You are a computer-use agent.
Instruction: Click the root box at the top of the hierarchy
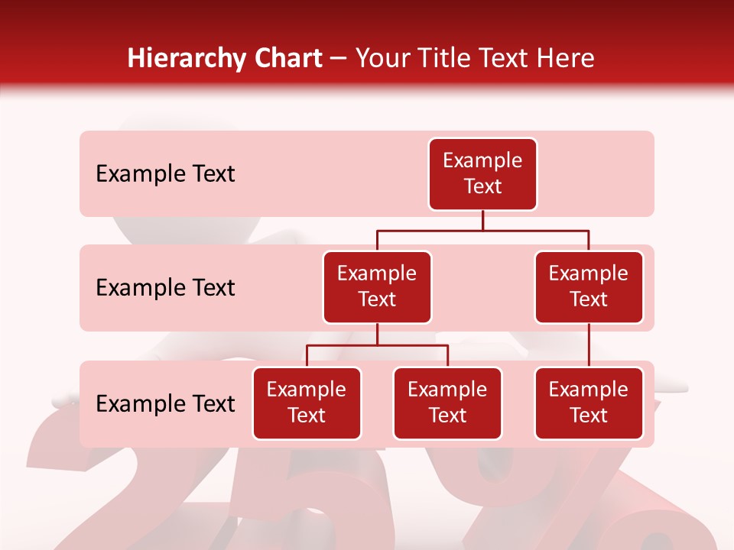click(x=482, y=174)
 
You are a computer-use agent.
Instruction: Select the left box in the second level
click(x=377, y=287)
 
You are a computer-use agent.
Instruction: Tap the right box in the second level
click(x=589, y=287)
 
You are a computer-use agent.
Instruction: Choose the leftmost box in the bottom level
click(x=307, y=403)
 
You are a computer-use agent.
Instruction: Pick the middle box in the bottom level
click(x=447, y=403)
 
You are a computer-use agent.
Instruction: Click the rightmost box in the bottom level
click(x=589, y=403)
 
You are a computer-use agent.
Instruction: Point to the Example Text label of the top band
click(x=165, y=174)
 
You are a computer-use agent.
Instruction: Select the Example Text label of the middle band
click(x=165, y=288)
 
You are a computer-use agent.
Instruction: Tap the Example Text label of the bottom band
click(x=165, y=404)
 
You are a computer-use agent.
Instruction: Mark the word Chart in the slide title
click(x=287, y=58)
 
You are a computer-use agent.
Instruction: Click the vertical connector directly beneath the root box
click(x=482, y=220)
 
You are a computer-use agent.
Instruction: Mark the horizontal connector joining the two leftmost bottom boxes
click(x=377, y=345)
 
